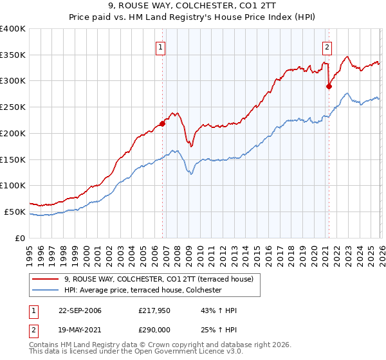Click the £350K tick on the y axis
pyautogui.click(x=13, y=55)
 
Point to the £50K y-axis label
pyautogui.click(x=15, y=212)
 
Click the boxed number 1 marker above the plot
pyautogui.click(x=160, y=46)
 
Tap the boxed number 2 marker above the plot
pyautogui.click(x=327, y=46)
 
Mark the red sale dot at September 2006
pyautogui.click(x=163, y=124)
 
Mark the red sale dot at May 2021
pyautogui.click(x=329, y=86)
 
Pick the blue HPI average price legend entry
pyautogui.click(x=143, y=291)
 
